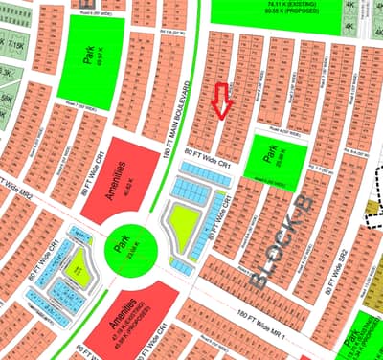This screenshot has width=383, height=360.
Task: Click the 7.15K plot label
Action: click(x=16, y=46)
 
